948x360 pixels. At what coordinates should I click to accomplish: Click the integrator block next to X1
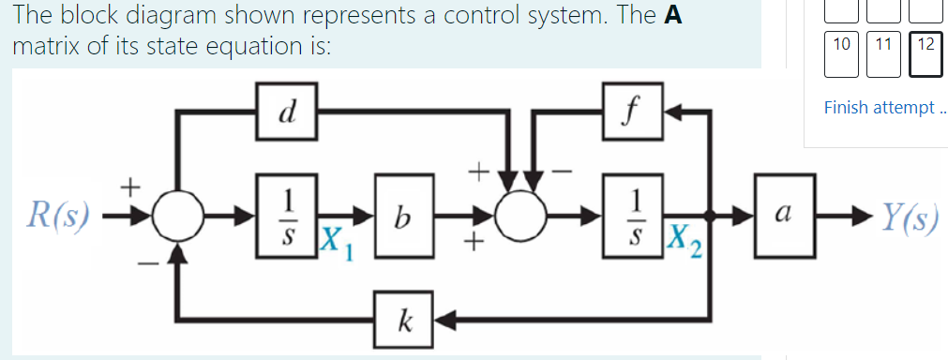pos(288,217)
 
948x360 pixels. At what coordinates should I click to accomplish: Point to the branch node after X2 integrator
pos(710,217)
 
